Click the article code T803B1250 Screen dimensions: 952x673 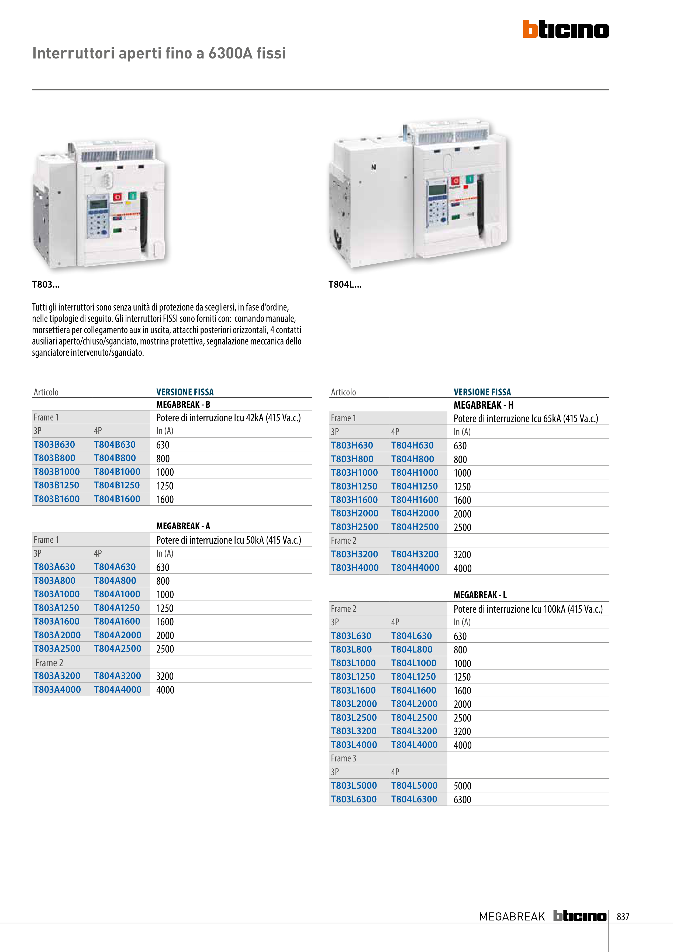click(x=56, y=485)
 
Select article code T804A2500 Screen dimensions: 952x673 click(x=117, y=649)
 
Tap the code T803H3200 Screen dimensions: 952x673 click(x=354, y=554)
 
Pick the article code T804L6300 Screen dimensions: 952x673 click(x=414, y=799)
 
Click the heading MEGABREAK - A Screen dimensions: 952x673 click(x=183, y=526)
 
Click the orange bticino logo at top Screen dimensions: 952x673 click(x=566, y=29)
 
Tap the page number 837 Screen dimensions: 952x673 click(x=623, y=916)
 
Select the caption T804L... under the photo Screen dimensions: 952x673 click(x=345, y=284)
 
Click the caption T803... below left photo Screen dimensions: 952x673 click(x=46, y=284)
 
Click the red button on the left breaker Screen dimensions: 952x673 click(x=117, y=197)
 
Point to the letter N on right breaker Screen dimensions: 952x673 click(x=373, y=167)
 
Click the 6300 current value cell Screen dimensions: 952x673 click(x=462, y=799)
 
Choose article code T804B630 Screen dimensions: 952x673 click(x=115, y=444)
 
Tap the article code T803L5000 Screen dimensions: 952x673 click(x=354, y=785)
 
